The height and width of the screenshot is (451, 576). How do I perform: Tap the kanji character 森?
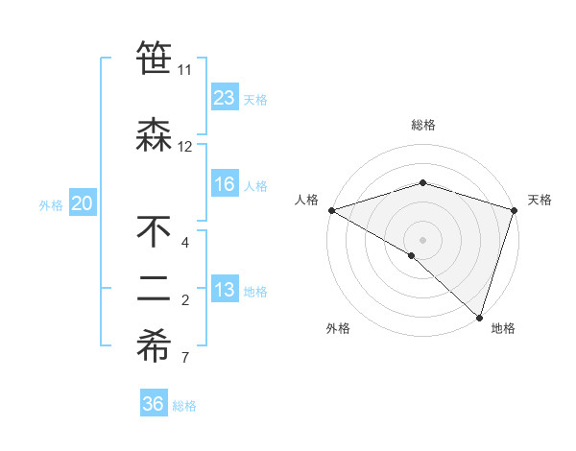pos(154,133)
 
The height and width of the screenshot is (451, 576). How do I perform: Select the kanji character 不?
pos(154,231)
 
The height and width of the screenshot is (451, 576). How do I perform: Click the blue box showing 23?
pos(225,98)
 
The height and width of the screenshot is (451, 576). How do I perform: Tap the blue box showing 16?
pos(225,185)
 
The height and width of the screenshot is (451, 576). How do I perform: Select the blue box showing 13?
pos(225,291)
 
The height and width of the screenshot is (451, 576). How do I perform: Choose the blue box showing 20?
pos(83,203)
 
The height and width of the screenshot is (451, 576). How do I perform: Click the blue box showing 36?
pos(154,404)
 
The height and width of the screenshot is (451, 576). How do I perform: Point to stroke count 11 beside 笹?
pos(184,70)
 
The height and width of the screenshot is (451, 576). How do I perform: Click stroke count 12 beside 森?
pos(185,147)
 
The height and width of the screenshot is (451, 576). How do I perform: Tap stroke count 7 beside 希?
pos(185,359)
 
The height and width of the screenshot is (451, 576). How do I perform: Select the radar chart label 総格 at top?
pos(422,125)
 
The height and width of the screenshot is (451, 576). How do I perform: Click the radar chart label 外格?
pos(338,328)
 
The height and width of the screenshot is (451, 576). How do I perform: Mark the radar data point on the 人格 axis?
pos(331,210)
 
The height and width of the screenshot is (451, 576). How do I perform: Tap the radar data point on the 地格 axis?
pos(479,317)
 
